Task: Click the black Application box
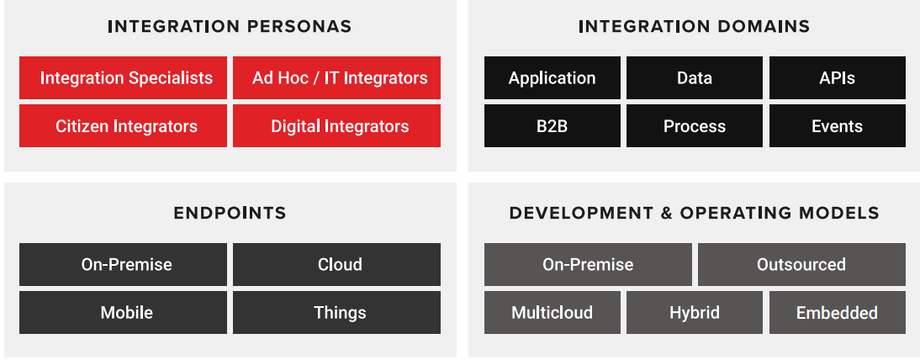(552, 78)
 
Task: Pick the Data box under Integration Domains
(694, 78)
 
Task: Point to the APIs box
(837, 78)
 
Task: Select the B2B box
(552, 126)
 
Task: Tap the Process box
(694, 126)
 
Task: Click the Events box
(837, 126)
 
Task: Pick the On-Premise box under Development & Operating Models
(588, 264)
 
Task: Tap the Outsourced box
(801, 264)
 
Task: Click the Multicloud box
(552, 312)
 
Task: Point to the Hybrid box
(694, 312)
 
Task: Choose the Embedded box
(837, 312)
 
